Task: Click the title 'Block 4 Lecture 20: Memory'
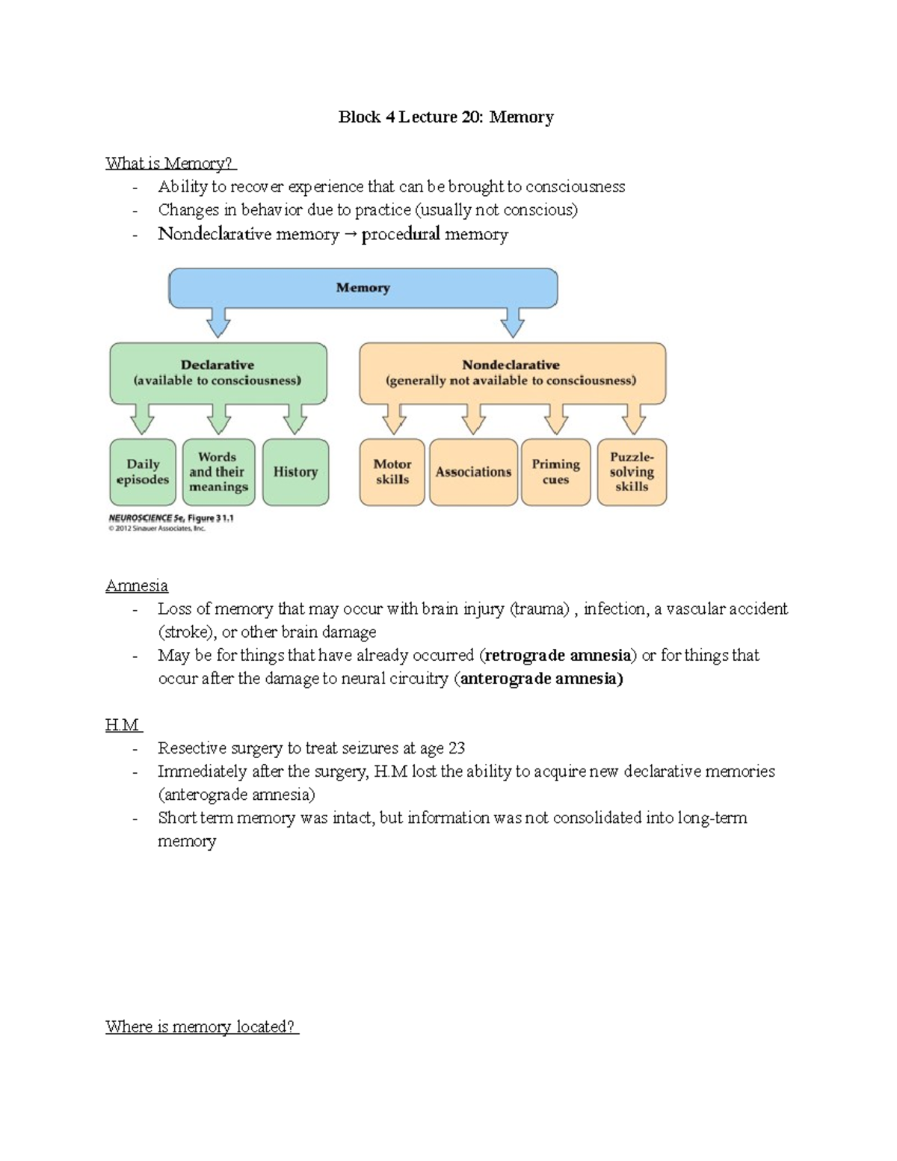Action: pyautogui.click(x=446, y=117)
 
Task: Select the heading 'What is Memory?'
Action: pyautogui.click(x=170, y=163)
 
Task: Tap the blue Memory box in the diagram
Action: pyautogui.click(x=363, y=288)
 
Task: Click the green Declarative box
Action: pyautogui.click(x=218, y=372)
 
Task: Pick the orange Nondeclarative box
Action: pyautogui.click(x=511, y=372)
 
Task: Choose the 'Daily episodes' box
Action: pyautogui.click(x=143, y=472)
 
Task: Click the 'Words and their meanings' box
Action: pyautogui.click(x=218, y=472)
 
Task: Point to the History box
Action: pyautogui.click(x=295, y=472)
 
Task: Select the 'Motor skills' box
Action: pyautogui.click(x=392, y=472)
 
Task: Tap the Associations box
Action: pyautogui.click(x=473, y=472)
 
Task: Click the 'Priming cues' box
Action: pyautogui.click(x=555, y=472)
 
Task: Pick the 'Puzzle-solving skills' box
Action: pyautogui.click(x=632, y=472)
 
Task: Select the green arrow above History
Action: pyautogui.click(x=295, y=419)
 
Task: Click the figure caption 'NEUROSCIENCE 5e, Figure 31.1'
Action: pyautogui.click(x=171, y=518)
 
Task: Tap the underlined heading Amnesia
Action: pyautogui.click(x=137, y=585)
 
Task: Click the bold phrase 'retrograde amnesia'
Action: pyautogui.click(x=558, y=656)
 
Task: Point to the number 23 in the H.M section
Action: pyautogui.click(x=456, y=748)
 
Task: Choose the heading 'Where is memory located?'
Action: pyautogui.click(x=201, y=1026)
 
